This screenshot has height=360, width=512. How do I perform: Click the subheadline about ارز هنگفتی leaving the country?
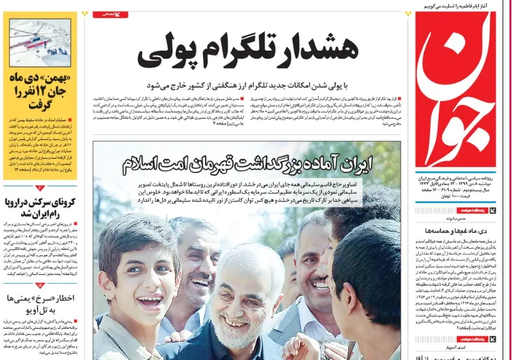point(251,85)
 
